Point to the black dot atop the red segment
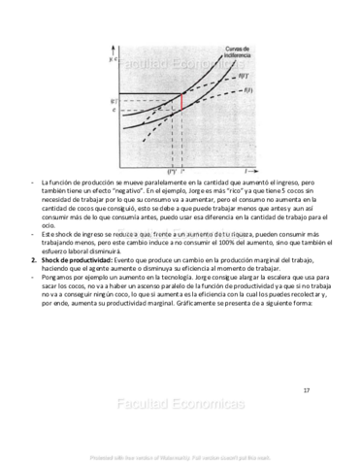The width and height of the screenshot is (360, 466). (181, 93)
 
